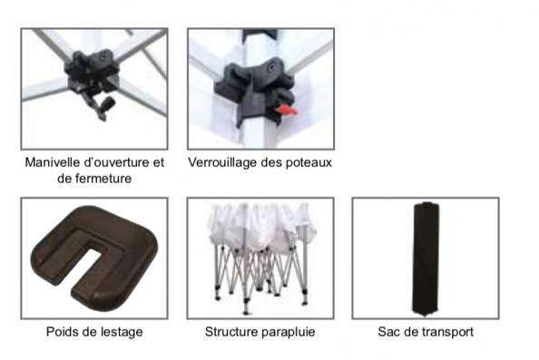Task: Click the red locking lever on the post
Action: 285,110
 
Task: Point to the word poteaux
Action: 309,162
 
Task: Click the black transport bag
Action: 426,258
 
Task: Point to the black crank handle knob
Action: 109,103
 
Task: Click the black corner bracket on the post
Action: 254,89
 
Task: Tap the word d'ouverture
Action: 115,162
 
